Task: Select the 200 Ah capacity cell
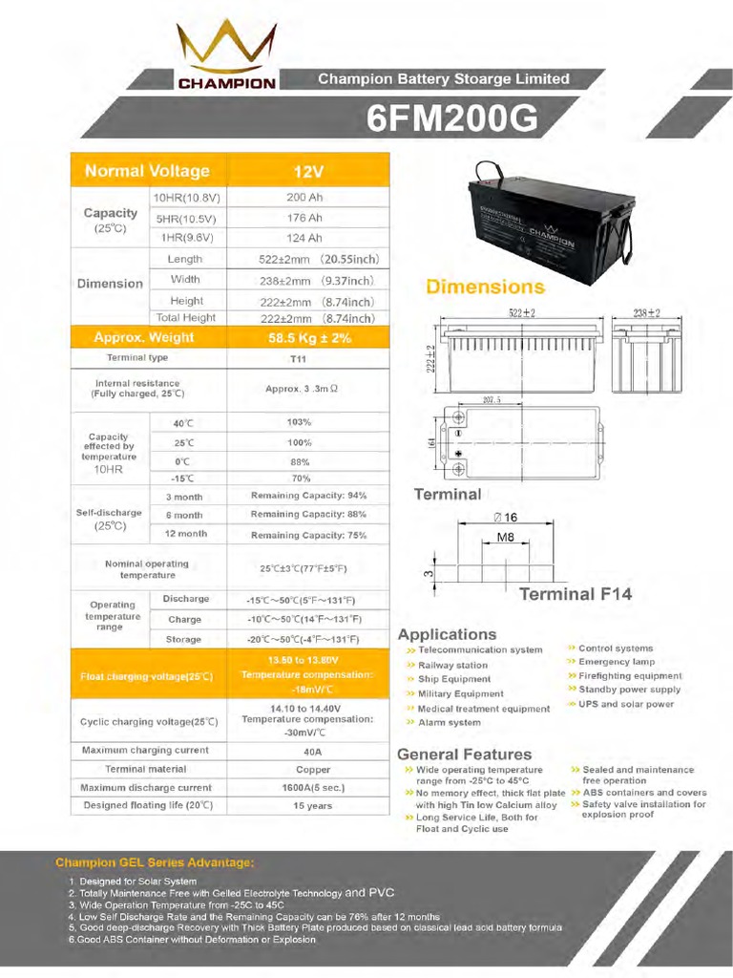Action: point(304,198)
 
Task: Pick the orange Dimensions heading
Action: point(485,287)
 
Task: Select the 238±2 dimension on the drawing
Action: point(646,313)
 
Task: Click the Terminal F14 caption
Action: point(575,594)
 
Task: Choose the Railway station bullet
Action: point(452,665)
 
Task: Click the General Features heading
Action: point(464,754)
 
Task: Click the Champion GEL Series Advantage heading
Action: point(154,862)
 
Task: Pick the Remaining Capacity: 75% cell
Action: point(308,535)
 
